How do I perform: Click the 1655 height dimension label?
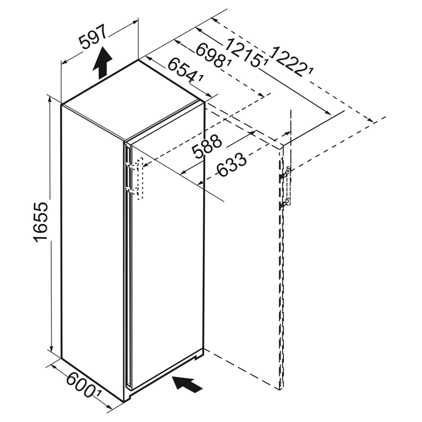pos(41,222)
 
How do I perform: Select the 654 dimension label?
pos(183,70)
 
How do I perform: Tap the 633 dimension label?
pos(232,165)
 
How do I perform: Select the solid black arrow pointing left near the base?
pos(188,383)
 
